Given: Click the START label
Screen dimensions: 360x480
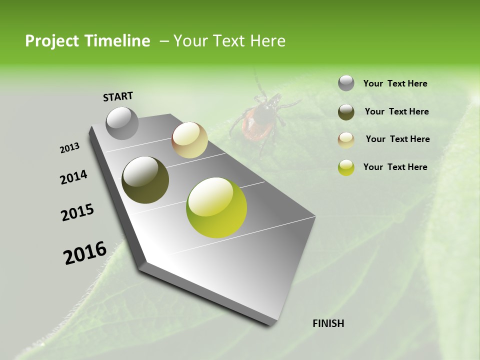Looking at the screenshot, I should pyautogui.click(x=118, y=96).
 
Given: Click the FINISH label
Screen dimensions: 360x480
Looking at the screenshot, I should pyautogui.click(x=328, y=323).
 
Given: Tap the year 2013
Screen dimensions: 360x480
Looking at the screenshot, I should pyautogui.click(x=70, y=148).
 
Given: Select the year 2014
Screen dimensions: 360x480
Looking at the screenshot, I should pyautogui.click(x=73, y=177).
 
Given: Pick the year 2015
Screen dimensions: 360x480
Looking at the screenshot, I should pyautogui.click(x=77, y=212).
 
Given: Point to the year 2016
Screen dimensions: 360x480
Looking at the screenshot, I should pyautogui.click(x=85, y=252).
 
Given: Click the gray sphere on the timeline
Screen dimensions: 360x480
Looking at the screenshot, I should pyautogui.click(x=122, y=123).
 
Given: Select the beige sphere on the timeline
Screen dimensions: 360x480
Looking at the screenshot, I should pyautogui.click(x=189, y=140).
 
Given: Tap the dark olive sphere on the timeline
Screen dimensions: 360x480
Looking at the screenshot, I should pyautogui.click(x=145, y=180).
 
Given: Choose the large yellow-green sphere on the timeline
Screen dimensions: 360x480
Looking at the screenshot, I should pyautogui.click(x=216, y=207).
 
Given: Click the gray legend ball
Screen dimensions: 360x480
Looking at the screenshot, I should pyautogui.click(x=346, y=83).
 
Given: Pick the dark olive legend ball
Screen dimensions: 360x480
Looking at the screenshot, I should pyautogui.click(x=346, y=112).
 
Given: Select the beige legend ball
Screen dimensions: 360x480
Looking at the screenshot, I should pyautogui.click(x=346, y=139).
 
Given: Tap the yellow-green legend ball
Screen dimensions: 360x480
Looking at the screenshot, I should pyautogui.click(x=346, y=167).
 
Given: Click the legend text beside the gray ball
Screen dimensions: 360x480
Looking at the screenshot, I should pyautogui.click(x=395, y=84).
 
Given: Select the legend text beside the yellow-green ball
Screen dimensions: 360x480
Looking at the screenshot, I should pyautogui.click(x=395, y=167).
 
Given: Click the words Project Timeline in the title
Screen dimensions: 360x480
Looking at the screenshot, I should pyautogui.click(x=87, y=41).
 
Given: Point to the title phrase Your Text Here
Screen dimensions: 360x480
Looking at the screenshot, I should pyautogui.click(x=229, y=41).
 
